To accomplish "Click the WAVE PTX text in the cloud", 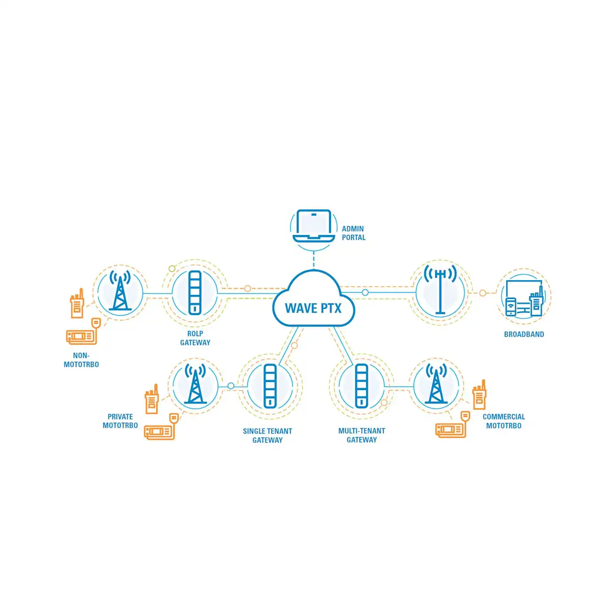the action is (x=313, y=308).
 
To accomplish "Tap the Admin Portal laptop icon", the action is (x=313, y=226).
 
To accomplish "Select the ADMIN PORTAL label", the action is (x=353, y=233).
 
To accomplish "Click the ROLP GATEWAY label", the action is (x=195, y=338).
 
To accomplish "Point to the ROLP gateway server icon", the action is (x=195, y=293).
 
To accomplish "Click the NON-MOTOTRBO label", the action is (x=81, y=360).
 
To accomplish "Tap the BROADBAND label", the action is (x=524, y=334).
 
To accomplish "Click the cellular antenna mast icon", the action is (x=440, y=290).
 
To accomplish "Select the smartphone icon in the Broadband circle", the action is (x=511, y=307).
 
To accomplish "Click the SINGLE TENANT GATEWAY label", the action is (x=267, y=435).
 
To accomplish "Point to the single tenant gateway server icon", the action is (x=270, y=386).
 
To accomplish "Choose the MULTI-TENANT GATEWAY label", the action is (x=361, y=435).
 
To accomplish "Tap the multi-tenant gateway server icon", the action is (x=361, y=386).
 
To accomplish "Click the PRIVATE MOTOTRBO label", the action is (x=120, y=421).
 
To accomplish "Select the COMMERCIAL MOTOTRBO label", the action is (x=503, y=421).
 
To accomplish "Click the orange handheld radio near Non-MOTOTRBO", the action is (x=77, y=303).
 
